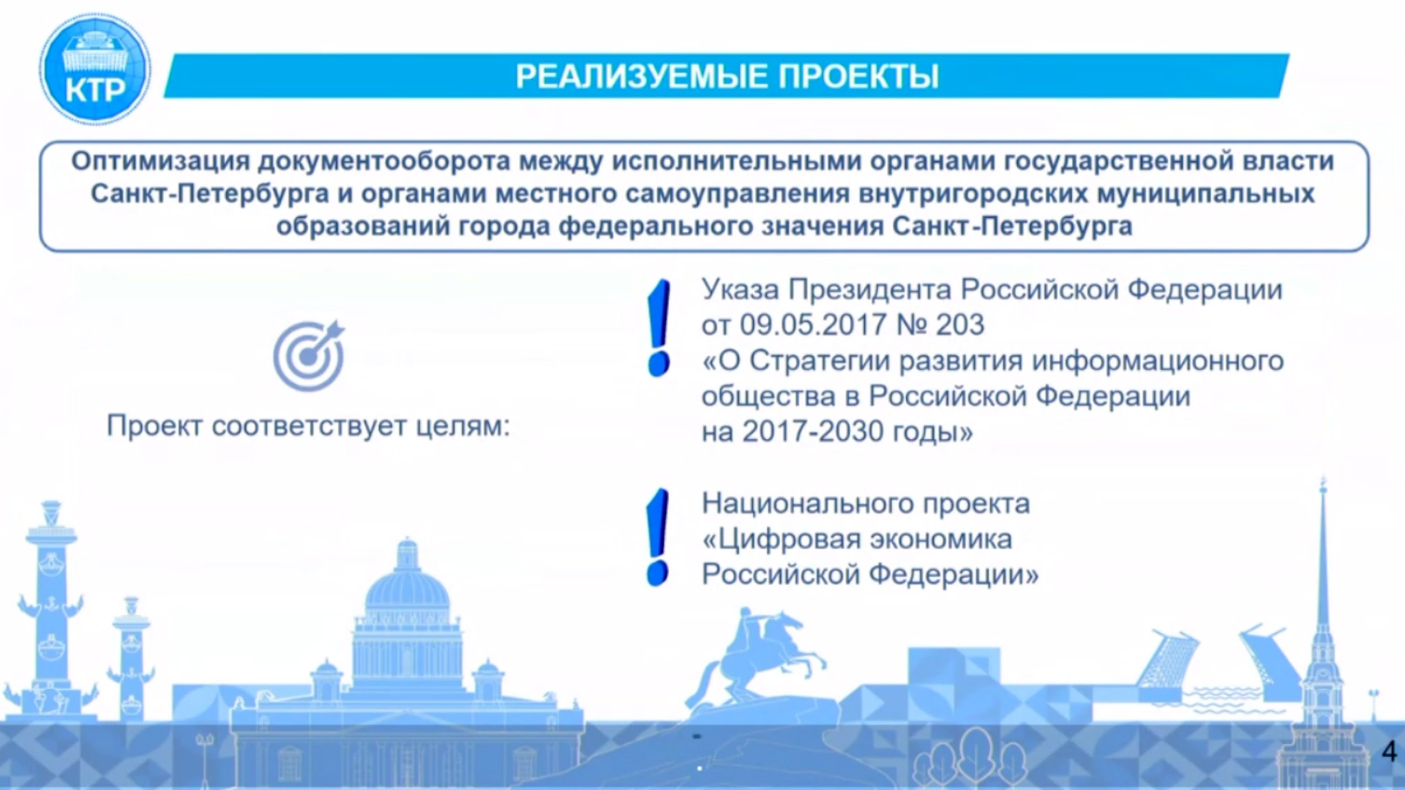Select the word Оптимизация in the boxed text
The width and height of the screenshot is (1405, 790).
(160, 161)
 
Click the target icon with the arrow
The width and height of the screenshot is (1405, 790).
(309, 355)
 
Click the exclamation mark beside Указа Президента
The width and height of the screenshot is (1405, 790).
(659, 328)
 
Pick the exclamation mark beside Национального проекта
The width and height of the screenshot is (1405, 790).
(658, 538)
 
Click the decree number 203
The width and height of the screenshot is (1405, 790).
(960, 325)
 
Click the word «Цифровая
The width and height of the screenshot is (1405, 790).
(782, 540)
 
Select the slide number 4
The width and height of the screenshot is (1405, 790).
(1389, 751)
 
